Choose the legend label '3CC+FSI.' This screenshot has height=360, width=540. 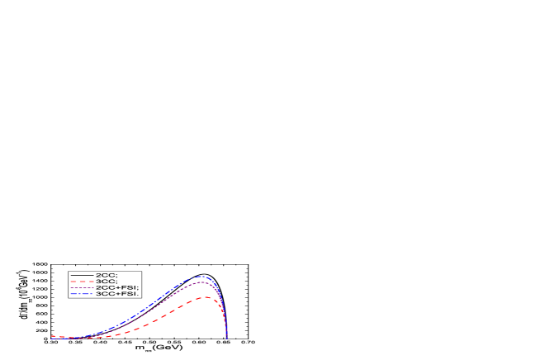click(118, 294)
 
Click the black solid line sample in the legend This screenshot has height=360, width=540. click(82, 274)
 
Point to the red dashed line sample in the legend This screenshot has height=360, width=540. click(82, 281)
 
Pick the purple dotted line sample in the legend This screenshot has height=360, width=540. click(82, 287)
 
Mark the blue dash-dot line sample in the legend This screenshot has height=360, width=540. click(82, 294)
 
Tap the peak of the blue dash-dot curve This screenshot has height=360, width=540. click(201, 277)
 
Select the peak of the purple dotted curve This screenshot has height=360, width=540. click(201, 282)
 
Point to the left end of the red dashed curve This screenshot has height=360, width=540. click(51, 336)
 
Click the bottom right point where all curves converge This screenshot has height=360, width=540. click(227, 338)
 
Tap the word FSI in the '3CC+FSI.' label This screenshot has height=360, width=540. click(130, 294)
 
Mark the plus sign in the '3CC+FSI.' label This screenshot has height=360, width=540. click(117, 294)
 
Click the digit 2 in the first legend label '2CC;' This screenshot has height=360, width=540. click(98, 274)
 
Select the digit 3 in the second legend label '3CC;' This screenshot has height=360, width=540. click(98, 281)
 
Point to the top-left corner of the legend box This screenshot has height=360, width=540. click(69, 271)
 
